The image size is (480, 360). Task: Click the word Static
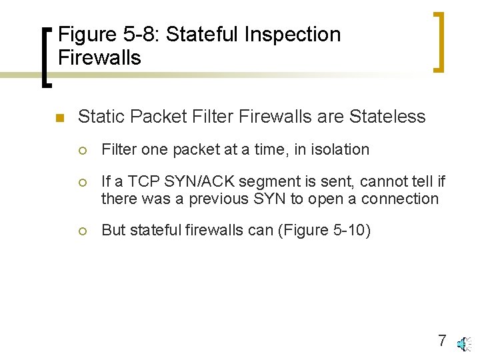pos(102,117)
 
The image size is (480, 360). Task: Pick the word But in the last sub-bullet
pos(113,231)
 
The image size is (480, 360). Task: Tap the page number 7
pos(442,341)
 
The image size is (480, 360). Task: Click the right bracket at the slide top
pos(439,41)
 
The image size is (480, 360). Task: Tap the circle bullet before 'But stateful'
pos(83,231)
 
